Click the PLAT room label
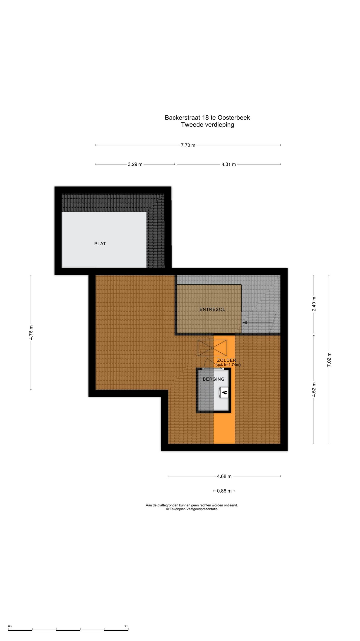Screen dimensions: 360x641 (100, 244)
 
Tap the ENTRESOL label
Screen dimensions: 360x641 (212, 309)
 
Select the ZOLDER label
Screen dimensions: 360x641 (226, 360)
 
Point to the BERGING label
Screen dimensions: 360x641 (213, 379)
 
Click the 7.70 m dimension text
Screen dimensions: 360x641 (188, 145)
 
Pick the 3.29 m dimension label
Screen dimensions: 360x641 (135, 164)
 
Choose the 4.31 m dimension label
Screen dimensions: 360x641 (229, 164)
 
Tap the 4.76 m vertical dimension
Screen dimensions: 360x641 (31, 332)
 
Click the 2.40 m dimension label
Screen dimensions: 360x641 (314, 304)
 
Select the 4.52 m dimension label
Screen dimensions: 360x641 (314, 390)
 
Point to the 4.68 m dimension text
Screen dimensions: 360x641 (224, 476)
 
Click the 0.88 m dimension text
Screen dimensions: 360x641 (224, 491)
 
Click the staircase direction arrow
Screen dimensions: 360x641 (245, 322)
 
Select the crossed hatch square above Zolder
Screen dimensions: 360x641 (212, 348)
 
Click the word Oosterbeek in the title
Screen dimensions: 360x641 (234, 118)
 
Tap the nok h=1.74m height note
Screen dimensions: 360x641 (228, 365)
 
